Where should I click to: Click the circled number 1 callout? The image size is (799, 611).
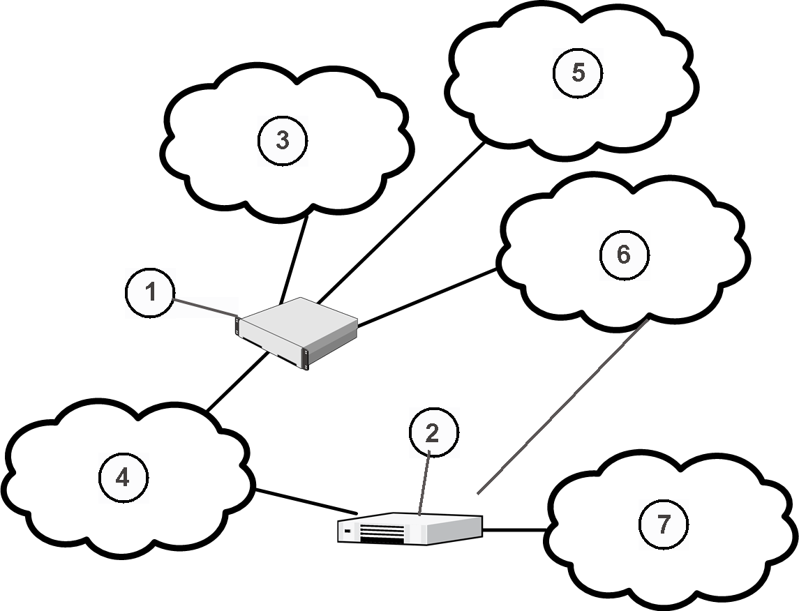tap(151, 293)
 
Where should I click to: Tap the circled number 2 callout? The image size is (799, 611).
tap(433, 433)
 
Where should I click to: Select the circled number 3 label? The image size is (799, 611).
tap(283, 140)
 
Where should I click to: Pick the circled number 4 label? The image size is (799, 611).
tap(123, 478)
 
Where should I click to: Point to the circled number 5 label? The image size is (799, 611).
tap(578, 73)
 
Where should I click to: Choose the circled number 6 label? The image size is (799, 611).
tap(624, 255)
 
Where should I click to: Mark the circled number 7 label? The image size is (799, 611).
tap(663, 524)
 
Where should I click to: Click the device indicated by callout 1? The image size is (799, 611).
tap(297, 331)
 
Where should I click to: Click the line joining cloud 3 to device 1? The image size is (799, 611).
tap(294, 258)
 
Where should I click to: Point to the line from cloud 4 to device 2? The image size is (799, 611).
tap(306, 502)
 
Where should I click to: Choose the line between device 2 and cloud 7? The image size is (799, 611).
tap(515, 530)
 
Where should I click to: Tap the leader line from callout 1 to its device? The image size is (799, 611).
tap(205, 308)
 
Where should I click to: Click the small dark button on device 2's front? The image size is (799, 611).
tap(347, 531)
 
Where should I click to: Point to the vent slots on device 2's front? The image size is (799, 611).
tap(382, 534)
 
